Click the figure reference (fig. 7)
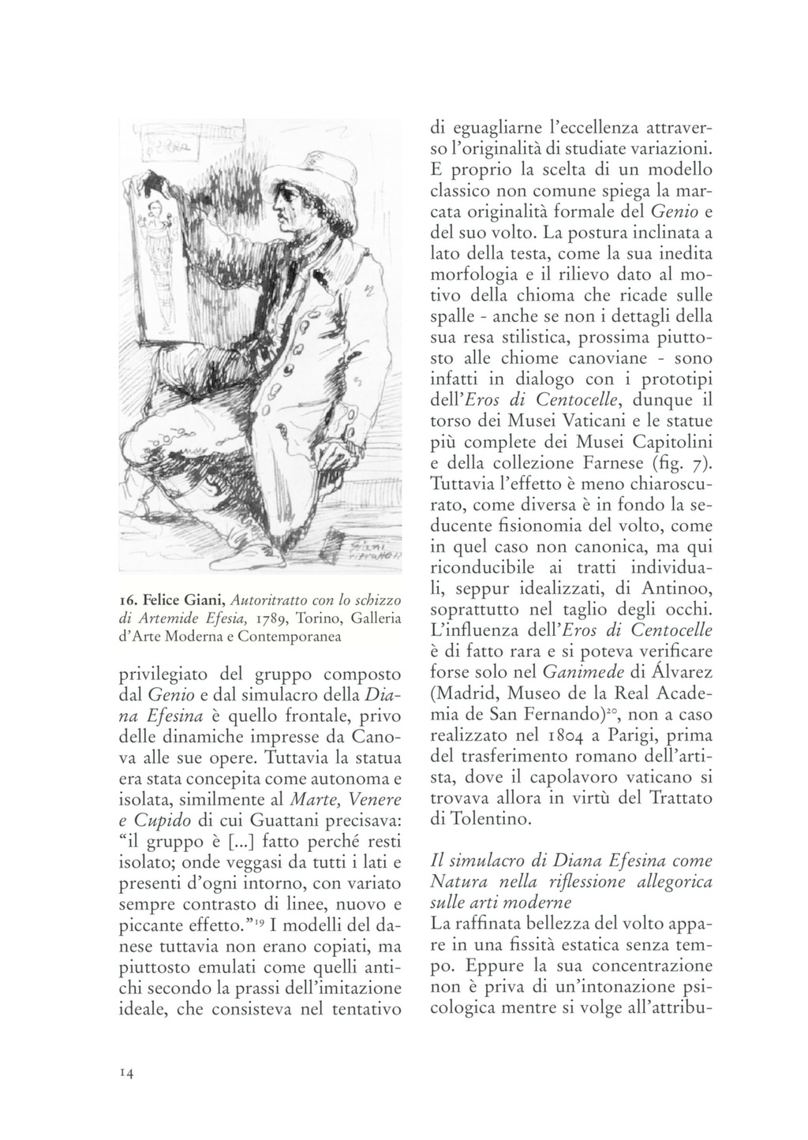[683, 461]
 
